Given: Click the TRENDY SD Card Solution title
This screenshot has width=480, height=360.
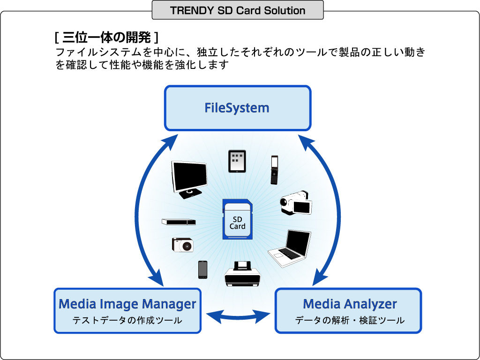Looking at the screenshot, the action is tap(238, 10).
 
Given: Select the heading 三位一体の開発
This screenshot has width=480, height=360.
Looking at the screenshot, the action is tap(106, 37).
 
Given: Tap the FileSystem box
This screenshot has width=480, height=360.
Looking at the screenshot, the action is tap(238, 108).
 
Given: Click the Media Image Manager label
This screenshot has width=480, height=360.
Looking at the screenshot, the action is tap(127, 304).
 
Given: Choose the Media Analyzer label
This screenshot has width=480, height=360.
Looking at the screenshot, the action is tap(350, 304).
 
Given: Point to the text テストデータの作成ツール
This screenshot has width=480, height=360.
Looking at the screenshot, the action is tap(127, 321).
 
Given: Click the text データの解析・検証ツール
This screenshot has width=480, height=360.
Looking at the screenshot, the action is tap(350, 321).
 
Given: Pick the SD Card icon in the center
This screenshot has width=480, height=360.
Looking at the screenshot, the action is tap(238, 219).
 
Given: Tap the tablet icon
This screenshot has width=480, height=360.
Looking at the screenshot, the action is tap(237, 161).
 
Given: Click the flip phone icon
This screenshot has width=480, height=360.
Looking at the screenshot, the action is tap(274, 170).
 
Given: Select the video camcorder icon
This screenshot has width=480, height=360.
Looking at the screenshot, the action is tap(296, 202).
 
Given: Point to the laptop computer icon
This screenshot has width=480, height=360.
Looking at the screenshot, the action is tap(290, 249).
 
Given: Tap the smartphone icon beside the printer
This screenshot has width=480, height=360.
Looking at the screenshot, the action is tap(202, 270).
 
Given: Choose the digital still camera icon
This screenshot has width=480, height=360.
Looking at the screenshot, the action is tap(183, 245).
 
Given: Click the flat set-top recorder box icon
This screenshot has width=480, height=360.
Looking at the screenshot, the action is tap(179, 222).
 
